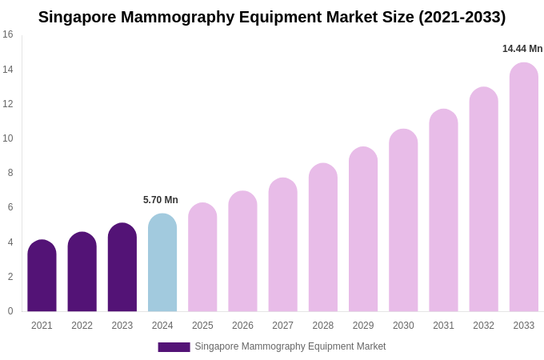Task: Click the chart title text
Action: point(272,17)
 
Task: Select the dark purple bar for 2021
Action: point(42,276)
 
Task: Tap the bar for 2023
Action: point(122,268)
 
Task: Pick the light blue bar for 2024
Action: point(162,262)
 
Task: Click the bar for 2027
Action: point(282,245)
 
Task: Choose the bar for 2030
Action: point(403,221)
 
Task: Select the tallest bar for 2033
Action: point(524,187)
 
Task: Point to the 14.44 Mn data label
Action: point(522,49)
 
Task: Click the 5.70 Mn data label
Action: point(161,200)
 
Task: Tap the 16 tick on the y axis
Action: point(8,34)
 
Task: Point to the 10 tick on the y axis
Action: point(8,138)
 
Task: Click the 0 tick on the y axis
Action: point(10,311)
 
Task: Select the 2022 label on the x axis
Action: point(82,326)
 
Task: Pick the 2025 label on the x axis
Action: point(202,326)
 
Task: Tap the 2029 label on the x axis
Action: point(363,326)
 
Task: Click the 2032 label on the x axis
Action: point(483,326)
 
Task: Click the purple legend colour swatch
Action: point(174,347)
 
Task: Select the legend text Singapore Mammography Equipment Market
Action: point(290,346)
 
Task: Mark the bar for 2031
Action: point(443,210)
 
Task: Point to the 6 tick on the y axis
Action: point(10,207)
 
